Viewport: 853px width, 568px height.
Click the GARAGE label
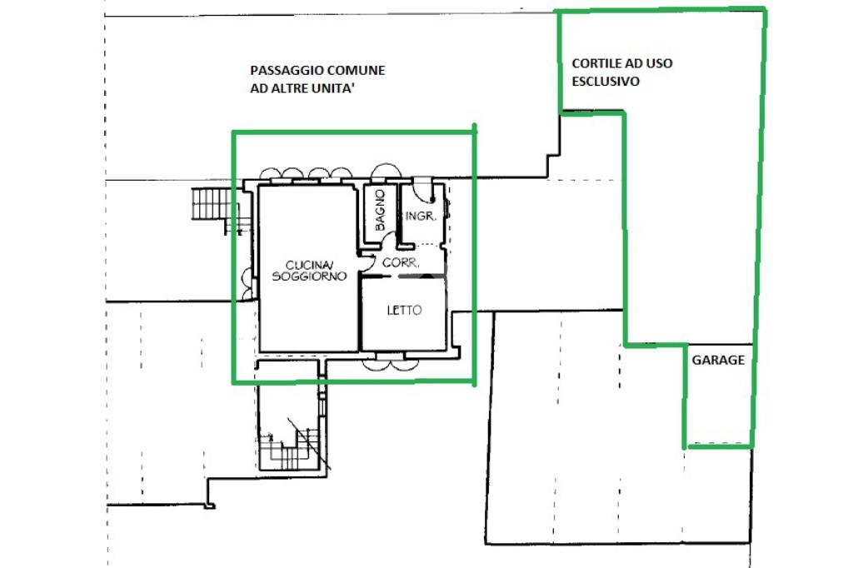click(x=718, y=360)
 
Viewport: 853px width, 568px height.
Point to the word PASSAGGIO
click(x=282, y=70)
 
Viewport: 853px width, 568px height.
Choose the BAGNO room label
click(x=380, y=210)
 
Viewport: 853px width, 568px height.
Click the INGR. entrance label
click(x=421, y=216)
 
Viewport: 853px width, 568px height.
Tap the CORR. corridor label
click(x=401, y=263)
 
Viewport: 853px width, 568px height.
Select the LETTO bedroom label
click(x=404, y=310)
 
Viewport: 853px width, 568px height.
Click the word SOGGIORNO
click(x=309, y=277)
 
